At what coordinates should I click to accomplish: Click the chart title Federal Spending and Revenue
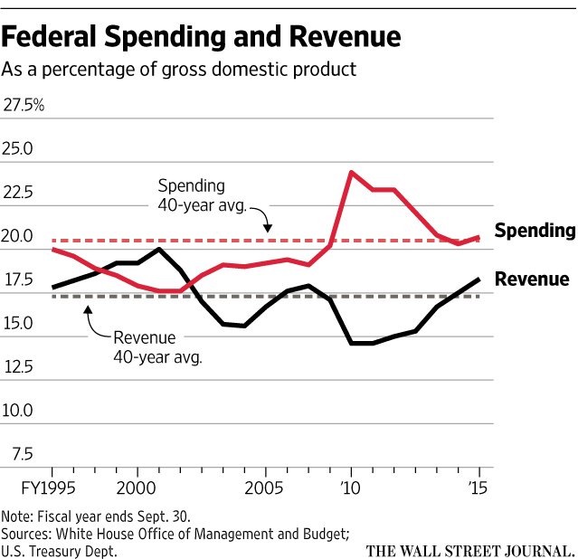pos(200,37)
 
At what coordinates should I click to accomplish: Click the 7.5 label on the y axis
pos(23,454)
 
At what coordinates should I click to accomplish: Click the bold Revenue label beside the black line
pos(532,279)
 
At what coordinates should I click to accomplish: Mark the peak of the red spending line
pos(350,172)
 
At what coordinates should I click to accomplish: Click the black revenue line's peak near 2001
pos(159,249)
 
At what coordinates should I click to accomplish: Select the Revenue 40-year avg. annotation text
pos(157,347)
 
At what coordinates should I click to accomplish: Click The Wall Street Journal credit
pos(469,549)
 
